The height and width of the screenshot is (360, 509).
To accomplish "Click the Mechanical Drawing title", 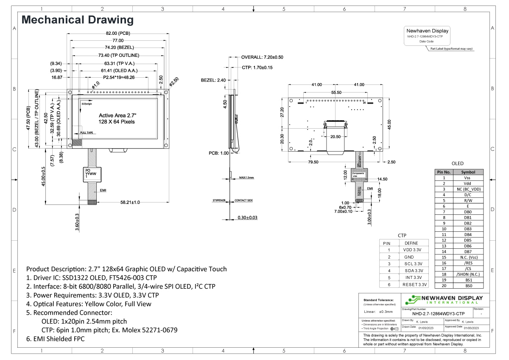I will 78,20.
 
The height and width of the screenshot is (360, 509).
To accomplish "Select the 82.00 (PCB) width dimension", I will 118,33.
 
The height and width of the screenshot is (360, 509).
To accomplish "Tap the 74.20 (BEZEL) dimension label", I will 118,48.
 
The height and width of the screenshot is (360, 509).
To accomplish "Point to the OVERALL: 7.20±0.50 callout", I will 262,57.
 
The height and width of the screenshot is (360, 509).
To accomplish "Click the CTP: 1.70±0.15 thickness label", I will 257,67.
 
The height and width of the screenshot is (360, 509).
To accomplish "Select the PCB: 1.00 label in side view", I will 219,153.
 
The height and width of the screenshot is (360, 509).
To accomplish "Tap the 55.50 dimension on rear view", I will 336,92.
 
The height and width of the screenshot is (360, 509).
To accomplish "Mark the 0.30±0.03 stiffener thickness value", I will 247,217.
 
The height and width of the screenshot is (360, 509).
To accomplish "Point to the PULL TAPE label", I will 87,133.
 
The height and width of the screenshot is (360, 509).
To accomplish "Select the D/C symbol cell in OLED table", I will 468,195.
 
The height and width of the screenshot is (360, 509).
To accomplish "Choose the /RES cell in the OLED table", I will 468,263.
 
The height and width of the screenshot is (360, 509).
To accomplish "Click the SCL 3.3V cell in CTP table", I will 414,264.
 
